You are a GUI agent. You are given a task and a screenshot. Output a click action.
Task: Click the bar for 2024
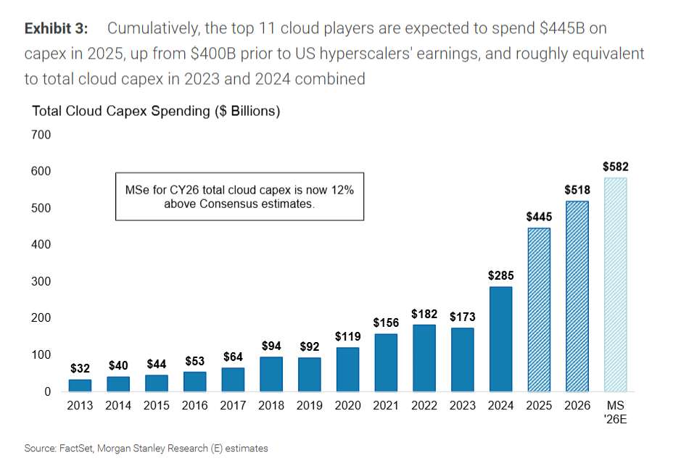point(500,338)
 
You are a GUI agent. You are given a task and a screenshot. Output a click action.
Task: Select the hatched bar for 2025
point(538,309)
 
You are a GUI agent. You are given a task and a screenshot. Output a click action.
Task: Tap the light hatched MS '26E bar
point(615,284)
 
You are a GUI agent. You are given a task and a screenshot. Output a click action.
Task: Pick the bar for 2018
point(271,374)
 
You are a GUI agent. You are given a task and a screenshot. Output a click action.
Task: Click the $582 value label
point(615,167)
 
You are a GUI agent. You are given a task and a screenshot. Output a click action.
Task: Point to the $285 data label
point(500,275)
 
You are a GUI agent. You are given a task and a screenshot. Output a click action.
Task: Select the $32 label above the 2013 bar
point(80,368)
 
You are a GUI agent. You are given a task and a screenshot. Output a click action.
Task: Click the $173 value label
point(462,317)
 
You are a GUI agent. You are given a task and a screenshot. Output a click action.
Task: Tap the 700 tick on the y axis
point(41,135)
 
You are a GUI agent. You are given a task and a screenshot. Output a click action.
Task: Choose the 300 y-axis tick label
point(41,281)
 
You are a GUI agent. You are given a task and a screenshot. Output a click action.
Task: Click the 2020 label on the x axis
point(347,406)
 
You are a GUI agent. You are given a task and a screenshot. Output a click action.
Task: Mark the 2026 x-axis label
point(577,406)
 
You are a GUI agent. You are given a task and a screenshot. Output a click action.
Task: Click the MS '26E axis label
point(615,412)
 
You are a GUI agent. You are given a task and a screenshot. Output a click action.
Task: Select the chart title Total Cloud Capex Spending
point(156,111)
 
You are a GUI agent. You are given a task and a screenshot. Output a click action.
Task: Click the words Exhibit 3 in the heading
point(56,28)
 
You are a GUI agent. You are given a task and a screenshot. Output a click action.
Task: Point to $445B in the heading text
point(555,28)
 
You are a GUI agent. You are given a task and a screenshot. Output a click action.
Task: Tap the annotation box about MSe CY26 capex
point(239,196)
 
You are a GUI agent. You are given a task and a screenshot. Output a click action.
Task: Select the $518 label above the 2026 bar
point(577,191)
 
